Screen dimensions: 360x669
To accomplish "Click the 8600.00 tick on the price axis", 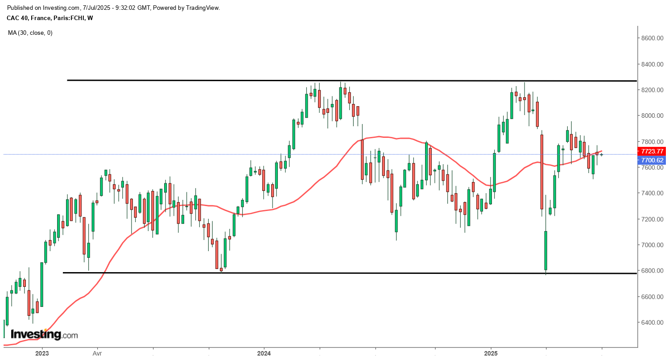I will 652,38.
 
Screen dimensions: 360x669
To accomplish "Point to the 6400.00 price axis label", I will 652,322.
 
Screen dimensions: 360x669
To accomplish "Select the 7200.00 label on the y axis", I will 652,219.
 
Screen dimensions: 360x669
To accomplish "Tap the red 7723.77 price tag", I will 652,151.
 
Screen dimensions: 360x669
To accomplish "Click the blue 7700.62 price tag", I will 652,160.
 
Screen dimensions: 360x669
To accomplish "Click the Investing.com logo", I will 44,334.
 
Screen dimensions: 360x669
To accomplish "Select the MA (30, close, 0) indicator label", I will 30,33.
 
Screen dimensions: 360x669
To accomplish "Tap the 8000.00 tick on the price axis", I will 652,116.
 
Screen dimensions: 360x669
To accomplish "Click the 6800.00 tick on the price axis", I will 652,271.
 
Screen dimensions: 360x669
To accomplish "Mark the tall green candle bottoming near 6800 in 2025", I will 545,250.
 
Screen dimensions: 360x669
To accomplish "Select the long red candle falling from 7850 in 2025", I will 541,172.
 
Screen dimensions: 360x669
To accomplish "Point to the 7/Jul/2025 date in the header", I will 96,8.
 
